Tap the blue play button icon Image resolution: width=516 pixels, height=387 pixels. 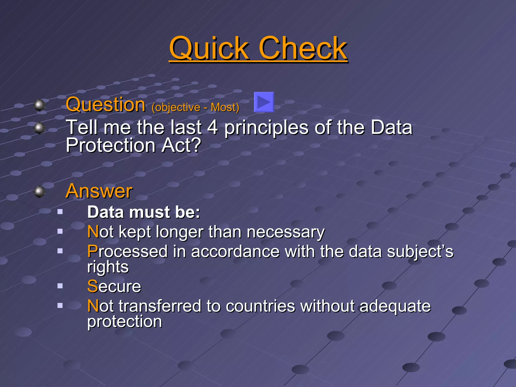coord(264,102)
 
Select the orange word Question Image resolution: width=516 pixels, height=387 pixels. coord(106,105)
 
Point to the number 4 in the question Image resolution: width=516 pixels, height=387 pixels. coord(212,127)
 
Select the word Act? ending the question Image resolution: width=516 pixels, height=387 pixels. coord(181,145)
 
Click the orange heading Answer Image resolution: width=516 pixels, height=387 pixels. coord(99,191)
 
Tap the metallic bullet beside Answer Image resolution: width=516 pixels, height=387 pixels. coord(39,192)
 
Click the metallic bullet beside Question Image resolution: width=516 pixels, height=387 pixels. coord(39,105)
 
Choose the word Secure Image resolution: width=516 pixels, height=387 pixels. coord(114,286)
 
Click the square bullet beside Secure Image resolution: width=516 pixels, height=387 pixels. coord(60,286)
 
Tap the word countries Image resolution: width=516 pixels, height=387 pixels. coord(260,306)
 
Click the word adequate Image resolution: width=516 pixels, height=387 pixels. coord(395,306)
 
